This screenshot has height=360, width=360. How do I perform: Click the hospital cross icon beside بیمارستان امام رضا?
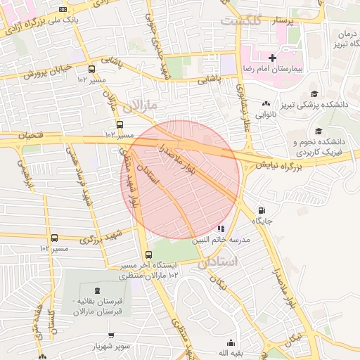click(272, 56)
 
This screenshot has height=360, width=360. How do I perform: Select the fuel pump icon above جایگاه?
click(262, 210)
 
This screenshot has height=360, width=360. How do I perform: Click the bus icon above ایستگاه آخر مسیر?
click(148, 255)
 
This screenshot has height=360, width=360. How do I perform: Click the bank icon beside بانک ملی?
click(64, 9)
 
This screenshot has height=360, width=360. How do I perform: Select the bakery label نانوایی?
click(266, 112)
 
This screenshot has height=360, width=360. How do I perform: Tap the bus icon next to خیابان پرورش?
click(92, 69)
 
